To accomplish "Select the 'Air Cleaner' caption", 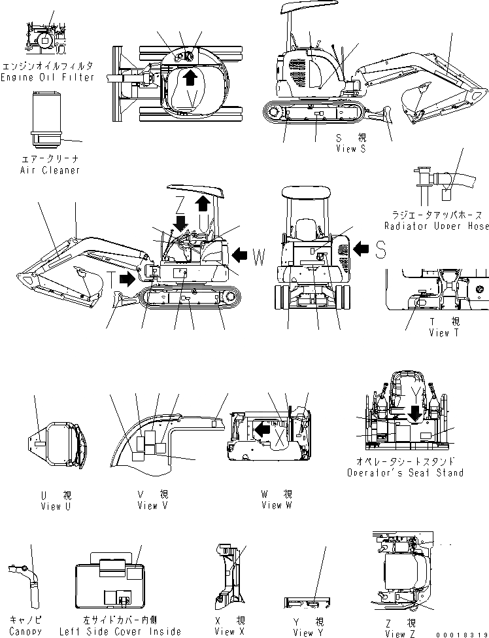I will click(x=50, y=170).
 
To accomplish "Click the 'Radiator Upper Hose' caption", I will click(x=437, y=226).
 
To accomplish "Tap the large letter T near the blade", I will click(x=113, y=280).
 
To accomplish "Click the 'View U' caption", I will click(x=50, y=505).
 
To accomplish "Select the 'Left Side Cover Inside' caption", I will click(x=120, y=631).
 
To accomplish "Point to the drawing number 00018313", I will click(x=461, y=633).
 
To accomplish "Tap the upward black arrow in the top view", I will click(x=190, y=79).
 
